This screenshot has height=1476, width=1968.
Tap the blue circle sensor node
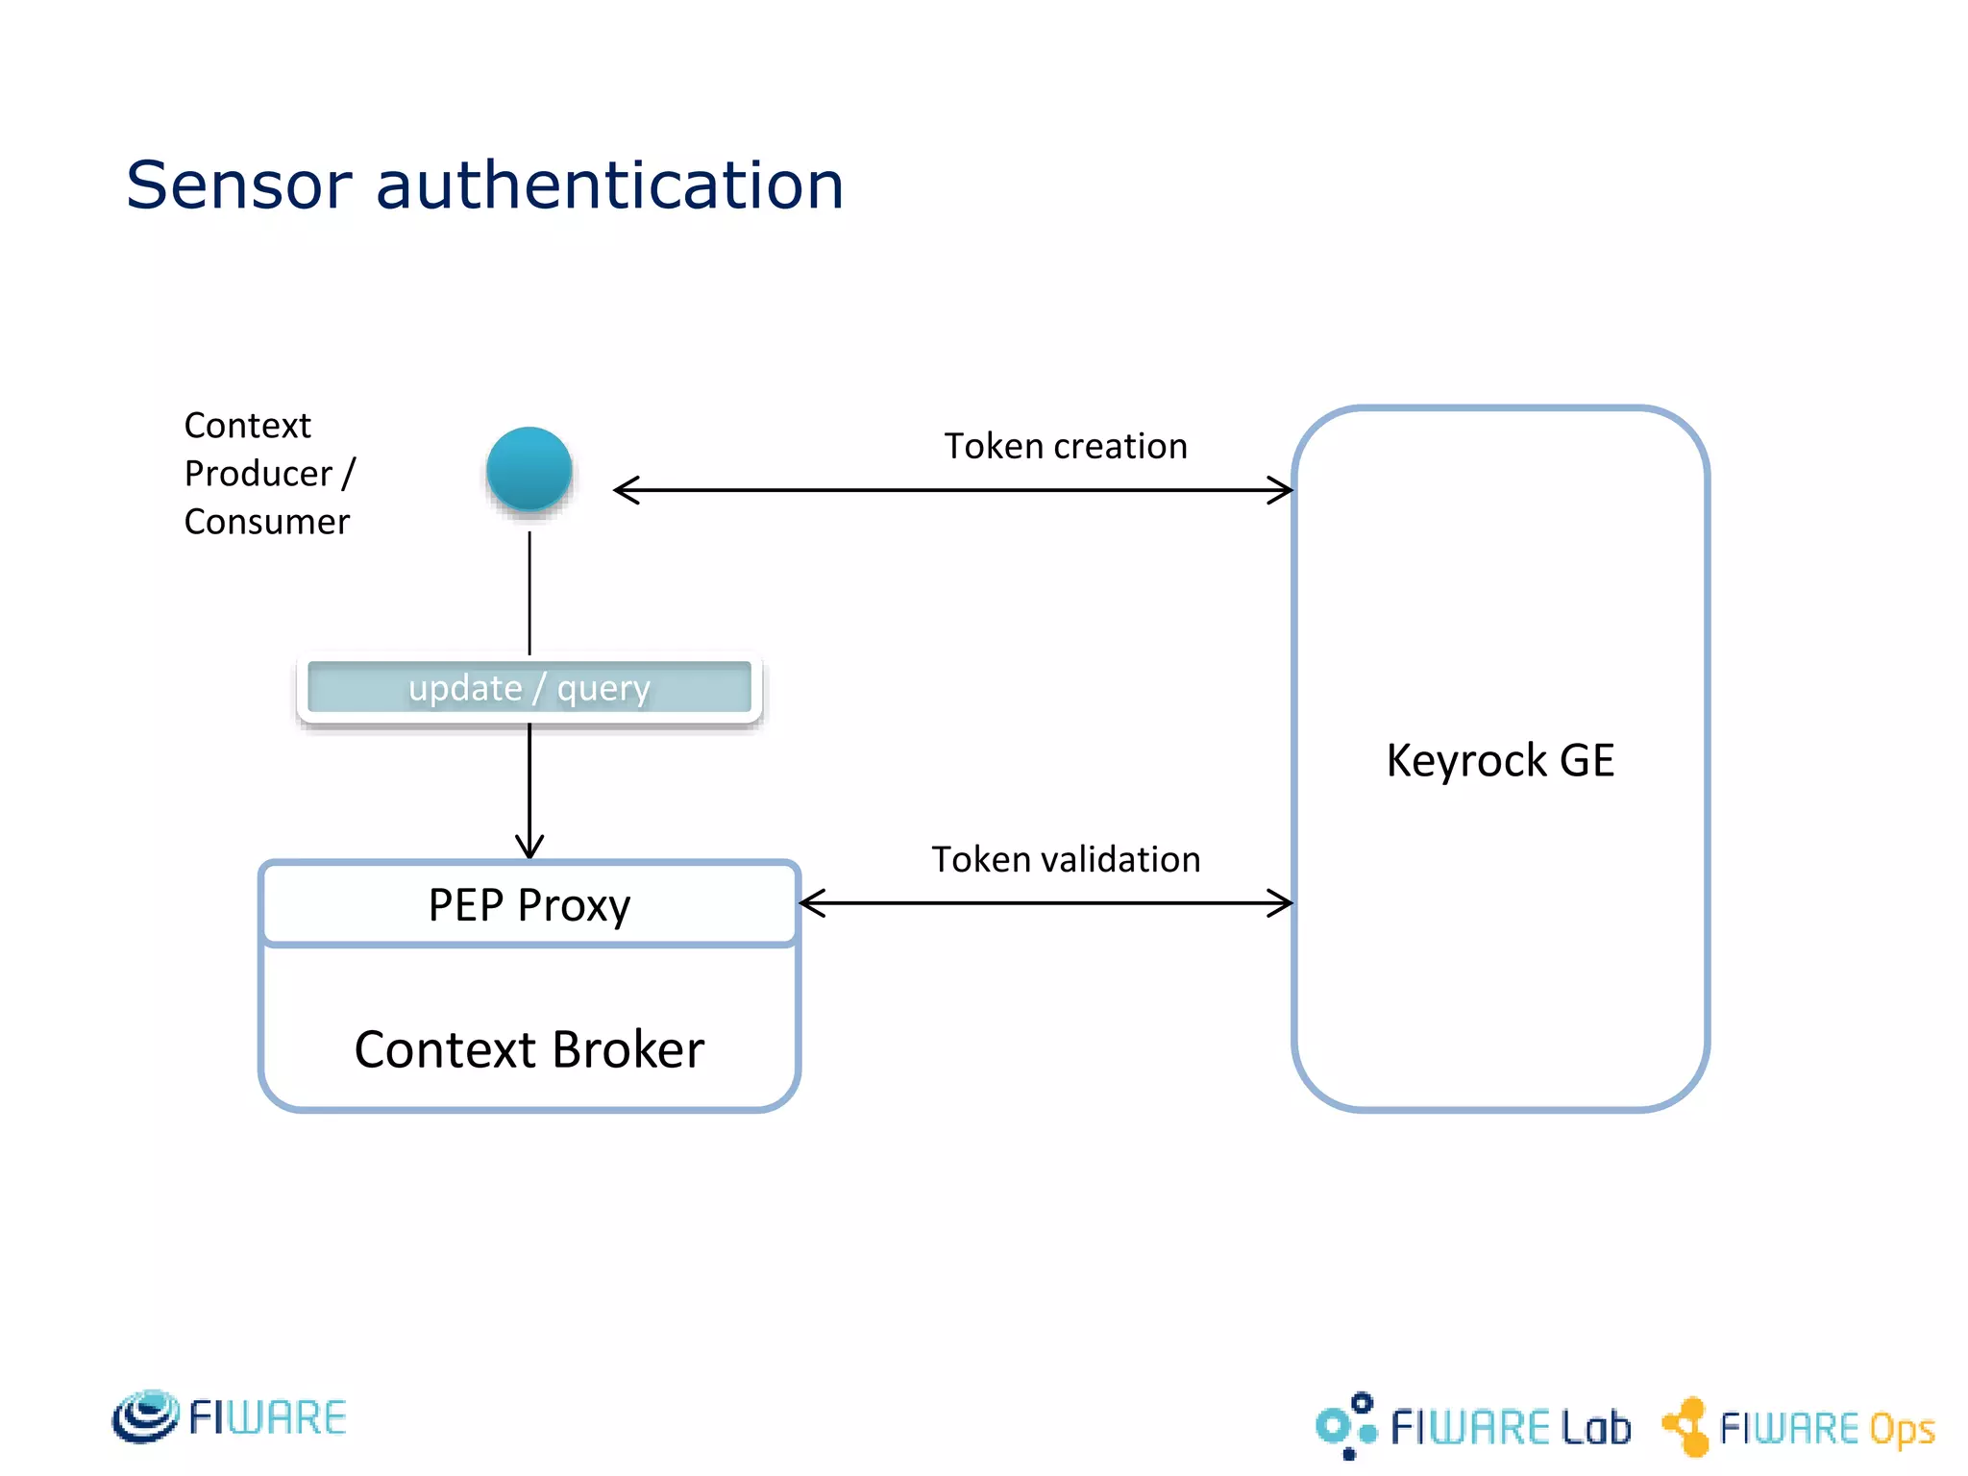coord(529,470)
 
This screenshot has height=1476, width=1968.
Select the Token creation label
coord(1065,447)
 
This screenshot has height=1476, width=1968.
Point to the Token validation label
coord(1065,860)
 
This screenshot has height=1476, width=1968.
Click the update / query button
coord(529,688)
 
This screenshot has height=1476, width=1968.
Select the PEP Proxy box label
coord(529,905)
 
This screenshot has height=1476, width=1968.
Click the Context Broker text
coord(529,1049)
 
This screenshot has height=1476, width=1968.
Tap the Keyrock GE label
coord(1500,761)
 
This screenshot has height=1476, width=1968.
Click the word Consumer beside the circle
coord(266,522)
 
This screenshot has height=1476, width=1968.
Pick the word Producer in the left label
coord(258,474)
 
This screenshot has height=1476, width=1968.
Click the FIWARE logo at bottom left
coord(229,1417)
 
